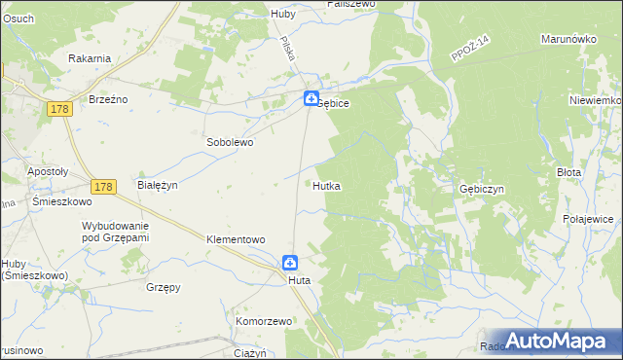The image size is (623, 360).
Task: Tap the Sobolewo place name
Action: (x=229, y=142)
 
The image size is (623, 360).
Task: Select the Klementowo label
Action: (x=237, y=239)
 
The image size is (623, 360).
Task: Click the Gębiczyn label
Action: (x=481, y=190)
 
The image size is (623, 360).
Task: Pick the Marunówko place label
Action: (x=568, y=40)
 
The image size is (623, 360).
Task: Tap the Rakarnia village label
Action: (x=90, y=58)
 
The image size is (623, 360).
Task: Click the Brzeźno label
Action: (x=109, y=99)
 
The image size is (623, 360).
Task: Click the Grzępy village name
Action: (x=164, y=288)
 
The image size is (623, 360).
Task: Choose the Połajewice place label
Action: (x=587, y=220)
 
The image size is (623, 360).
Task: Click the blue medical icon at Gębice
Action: (x=310, y=98)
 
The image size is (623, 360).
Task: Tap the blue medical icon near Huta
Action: (x=290, y=262)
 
